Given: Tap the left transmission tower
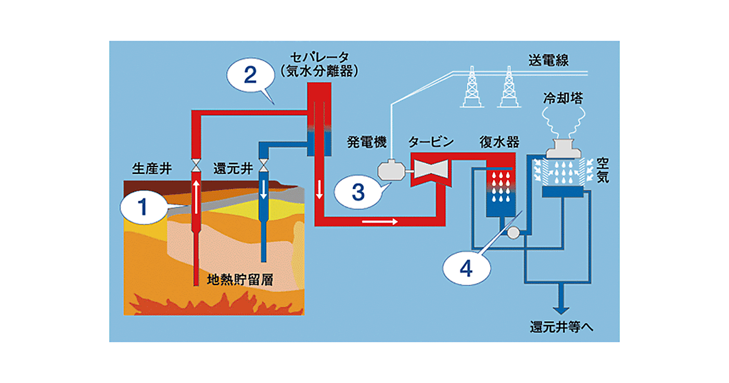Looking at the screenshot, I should click(470, 89).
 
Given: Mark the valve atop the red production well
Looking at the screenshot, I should click(196, 165).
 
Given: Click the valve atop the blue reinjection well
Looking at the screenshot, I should click(264, 165).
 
